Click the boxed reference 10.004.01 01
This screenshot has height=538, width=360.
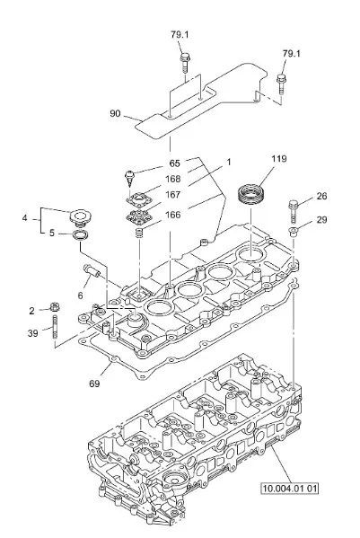tap(290, 488)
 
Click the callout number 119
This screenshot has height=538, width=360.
tap(279, 159)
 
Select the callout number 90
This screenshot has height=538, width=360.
tap(115, 113)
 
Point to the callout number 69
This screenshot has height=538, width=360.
tap(94, 384)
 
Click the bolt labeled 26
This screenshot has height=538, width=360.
tap(294, 211)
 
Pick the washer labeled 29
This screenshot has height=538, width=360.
tap(294, 231)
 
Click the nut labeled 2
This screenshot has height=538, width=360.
tap(54, 307)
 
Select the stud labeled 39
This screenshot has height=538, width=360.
tap(55, 327)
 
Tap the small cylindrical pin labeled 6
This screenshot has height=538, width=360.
tap(92, 270)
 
